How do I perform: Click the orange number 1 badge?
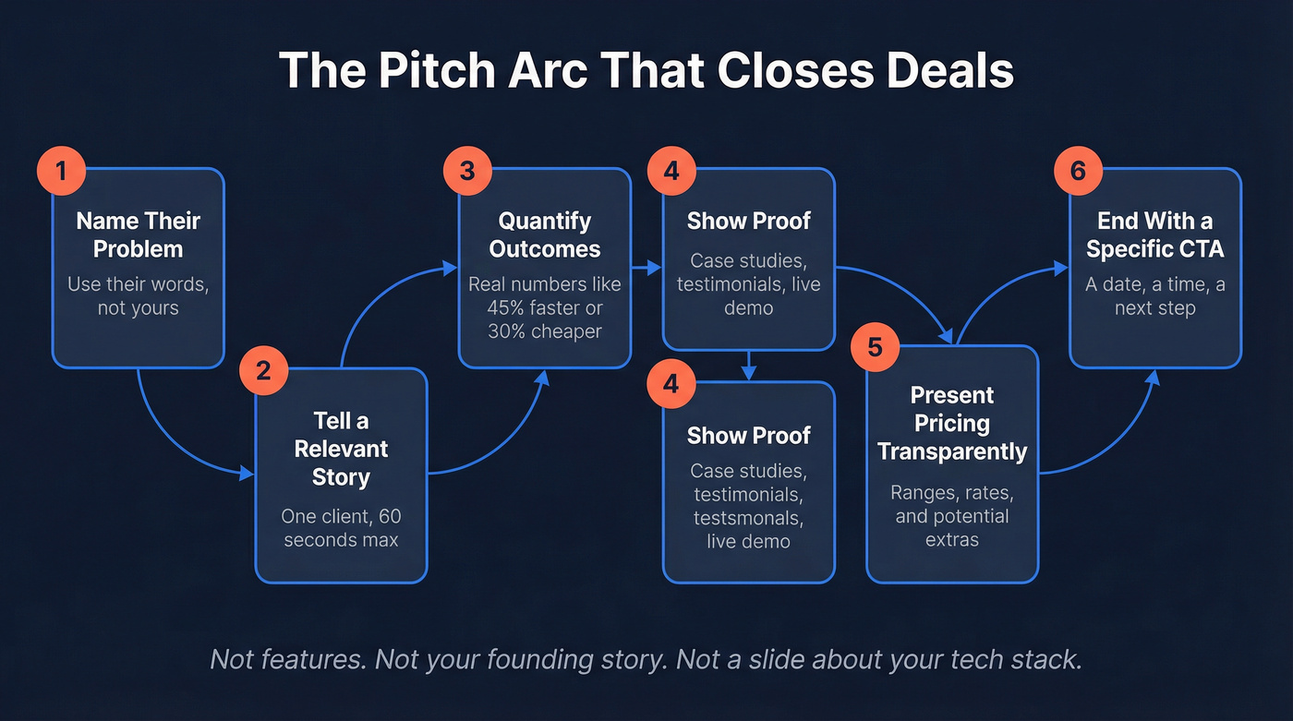[x=62, y=171]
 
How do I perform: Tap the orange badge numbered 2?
[x=263, y=371]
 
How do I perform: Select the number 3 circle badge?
[x=467, y=171]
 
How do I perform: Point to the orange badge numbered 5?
[x=875, y=347]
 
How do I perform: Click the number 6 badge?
[x=1079, y=171]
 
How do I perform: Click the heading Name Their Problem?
[x=138, y=234]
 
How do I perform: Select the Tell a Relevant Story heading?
[x=341, y=449]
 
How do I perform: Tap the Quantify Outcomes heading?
[x=544, y=234]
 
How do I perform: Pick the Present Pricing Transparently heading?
[x=952, y=423]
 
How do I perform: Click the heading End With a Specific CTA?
[x=1154, y=234]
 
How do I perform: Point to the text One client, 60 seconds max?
[x=341, y=527]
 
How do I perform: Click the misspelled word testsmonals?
[x=748, y=517]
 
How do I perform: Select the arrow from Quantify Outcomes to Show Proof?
[x=647, y=269]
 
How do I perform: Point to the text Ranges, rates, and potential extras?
[x=952, y=515]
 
